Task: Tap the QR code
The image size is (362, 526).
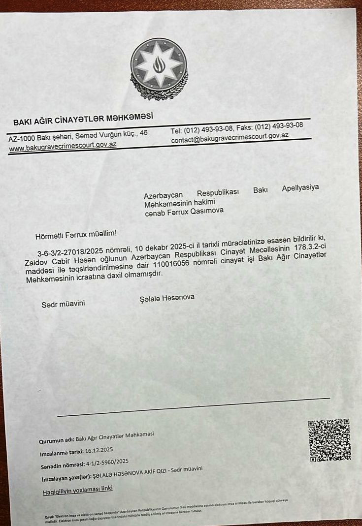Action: (329, 440)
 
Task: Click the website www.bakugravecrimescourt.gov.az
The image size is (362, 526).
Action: (63, 145)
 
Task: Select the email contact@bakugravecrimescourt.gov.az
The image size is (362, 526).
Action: (230, 139)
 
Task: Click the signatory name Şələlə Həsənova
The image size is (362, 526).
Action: (168, 298)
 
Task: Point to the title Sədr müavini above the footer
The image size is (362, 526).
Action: (63, 303)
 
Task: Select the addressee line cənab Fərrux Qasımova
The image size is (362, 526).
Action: (184, 211)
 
